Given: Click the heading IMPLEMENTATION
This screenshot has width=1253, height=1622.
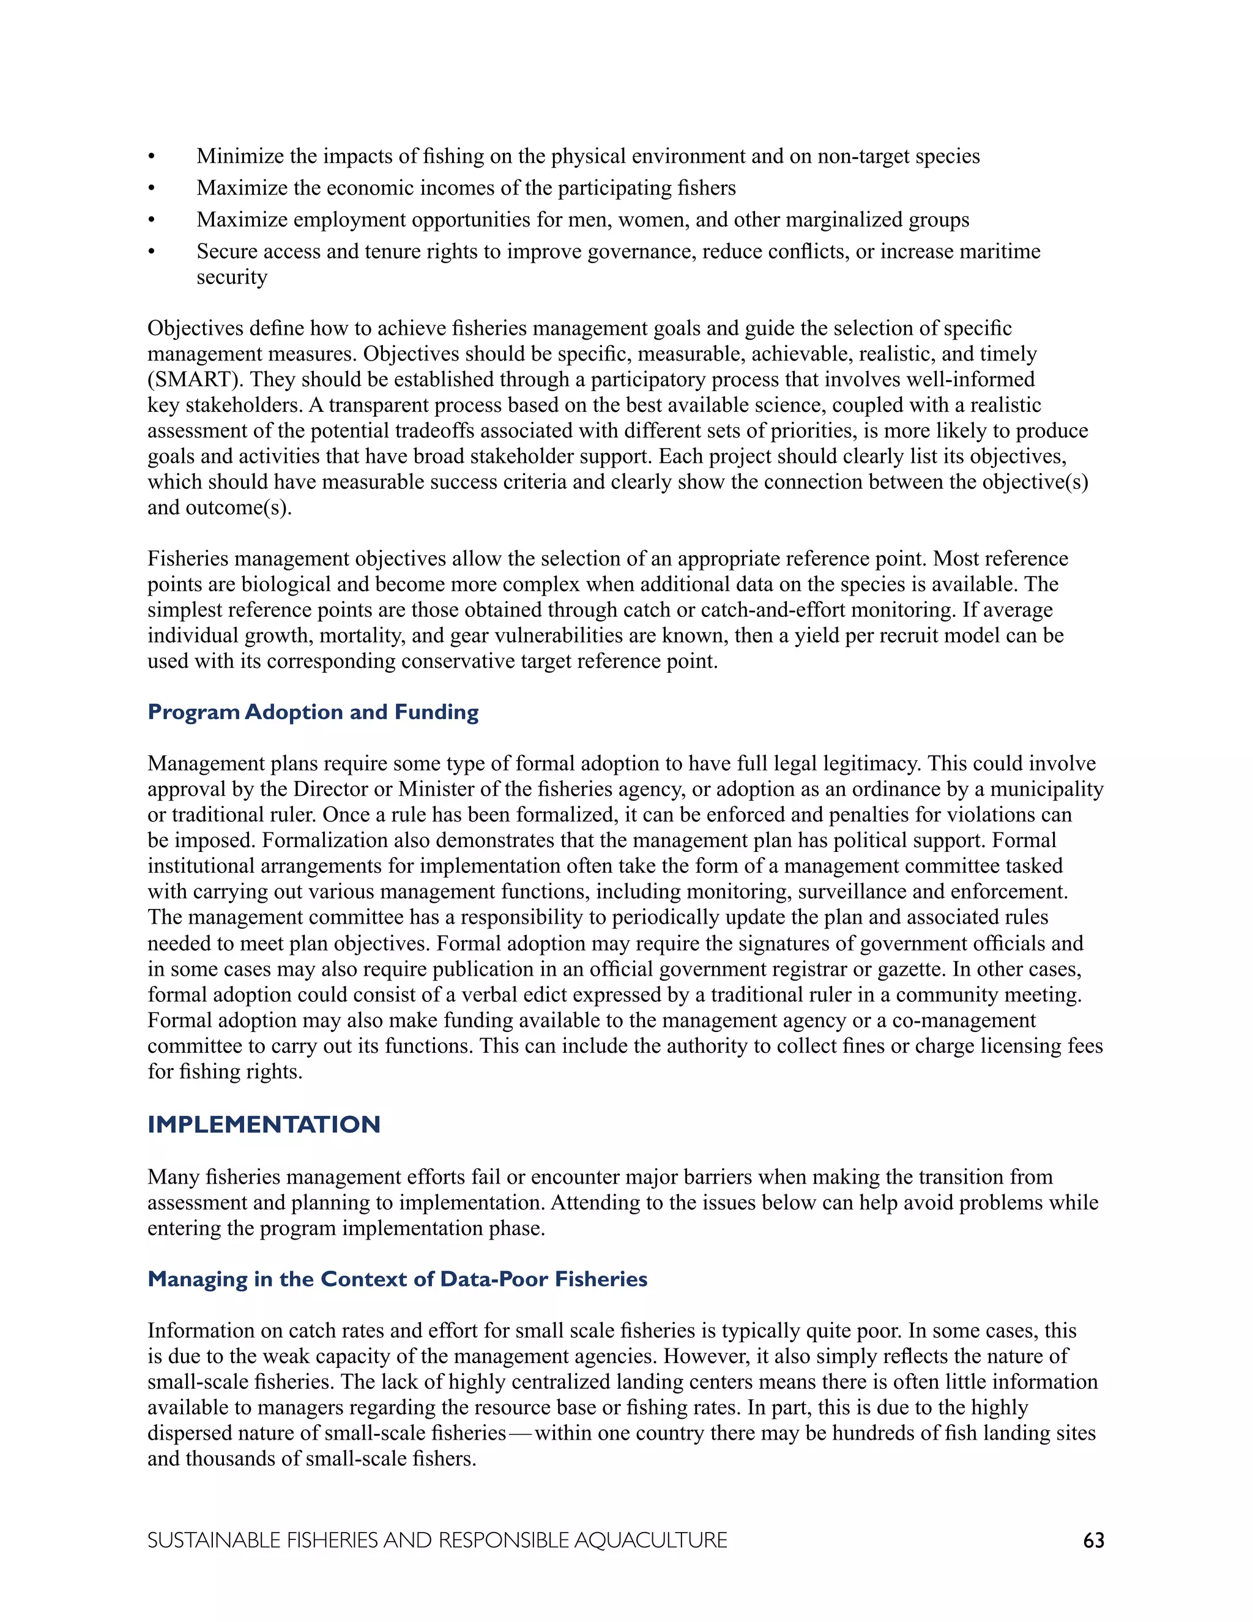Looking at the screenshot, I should (x=264, y=1124).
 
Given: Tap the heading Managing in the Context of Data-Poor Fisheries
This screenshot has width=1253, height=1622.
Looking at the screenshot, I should (x=397, y=1279).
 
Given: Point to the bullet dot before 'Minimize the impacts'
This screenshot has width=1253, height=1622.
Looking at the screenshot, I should (x=152, y=157).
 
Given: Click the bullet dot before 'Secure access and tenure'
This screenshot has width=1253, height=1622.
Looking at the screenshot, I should (x=152, y=252).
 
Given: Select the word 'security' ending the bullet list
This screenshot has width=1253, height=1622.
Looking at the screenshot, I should (x=232, y=277).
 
